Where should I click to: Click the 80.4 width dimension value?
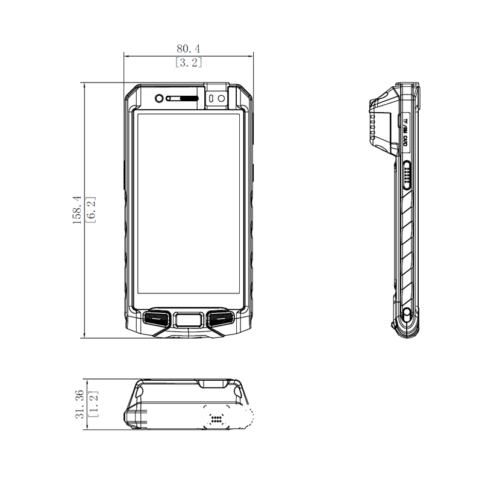[188, 49]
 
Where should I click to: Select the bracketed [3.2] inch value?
[189, 63]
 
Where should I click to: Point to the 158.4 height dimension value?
[77, 210]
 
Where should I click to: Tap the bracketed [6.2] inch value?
[92, 210]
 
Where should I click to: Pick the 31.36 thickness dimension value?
[80, 404]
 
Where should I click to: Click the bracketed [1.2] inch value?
[93, 404]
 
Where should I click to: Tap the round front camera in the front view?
[159, 98]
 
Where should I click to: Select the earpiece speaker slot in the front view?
[183, 99]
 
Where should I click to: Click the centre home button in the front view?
[189, 320]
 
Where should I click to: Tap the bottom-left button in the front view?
[157, 319]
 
